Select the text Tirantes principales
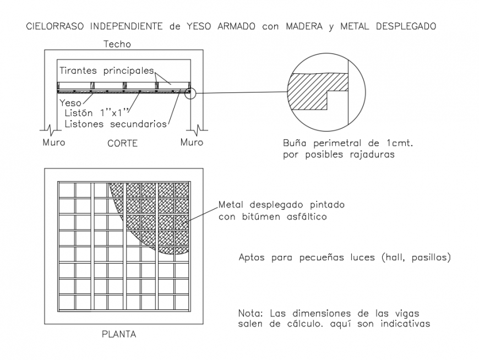(x=106, y=72)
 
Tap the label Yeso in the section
(x=70, y=102)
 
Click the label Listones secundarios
(x=116, y=124)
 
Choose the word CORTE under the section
(x=122, y=143)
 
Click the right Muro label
(x=192, y=143)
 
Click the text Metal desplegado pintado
(x=281, y=205)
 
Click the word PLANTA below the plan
(x=119, y=334)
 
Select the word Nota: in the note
(x=251, y=313)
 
